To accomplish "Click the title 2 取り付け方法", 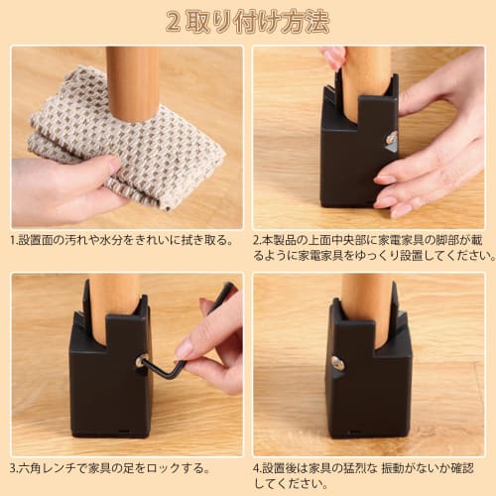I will (x=247, y=22).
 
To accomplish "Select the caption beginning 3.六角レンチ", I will (x=109, y=466).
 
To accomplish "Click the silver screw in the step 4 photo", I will (x=337, y=363).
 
